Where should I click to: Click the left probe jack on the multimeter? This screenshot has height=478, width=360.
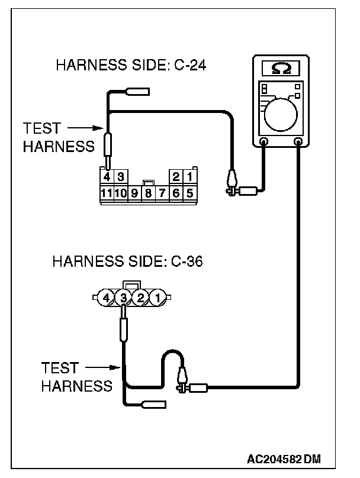click(x=264, y=142)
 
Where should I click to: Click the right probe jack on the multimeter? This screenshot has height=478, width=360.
click(x=298, y=142)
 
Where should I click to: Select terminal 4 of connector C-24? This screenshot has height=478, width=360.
click(x=107, y=177)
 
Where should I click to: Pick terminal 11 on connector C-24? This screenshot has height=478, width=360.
click(x=107, y=192)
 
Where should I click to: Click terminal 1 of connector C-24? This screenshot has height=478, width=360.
click(x=189, y=177)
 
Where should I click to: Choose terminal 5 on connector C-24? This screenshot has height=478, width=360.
click(x=189, y=192)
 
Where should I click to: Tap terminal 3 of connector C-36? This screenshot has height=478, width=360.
click(x=123, y=297)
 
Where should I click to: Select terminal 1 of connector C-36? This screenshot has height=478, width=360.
click(x=157, y=297)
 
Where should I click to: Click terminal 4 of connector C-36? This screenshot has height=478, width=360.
click(x=106, y=297)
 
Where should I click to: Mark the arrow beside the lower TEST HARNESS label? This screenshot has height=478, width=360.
click(x=101, y=368)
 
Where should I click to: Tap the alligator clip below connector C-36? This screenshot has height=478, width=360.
click(x=182, y=379)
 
